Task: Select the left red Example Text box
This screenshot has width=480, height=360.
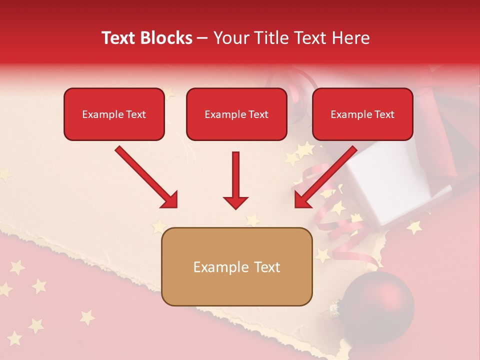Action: point(114,114)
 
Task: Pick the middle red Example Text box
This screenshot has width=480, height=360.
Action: point(236,114)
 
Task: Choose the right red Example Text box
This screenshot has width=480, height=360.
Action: point(362,114)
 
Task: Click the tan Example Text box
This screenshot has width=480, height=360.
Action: point(236,266)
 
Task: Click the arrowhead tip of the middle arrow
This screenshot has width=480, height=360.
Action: point(235,208)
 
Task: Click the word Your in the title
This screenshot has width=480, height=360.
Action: point(228,38)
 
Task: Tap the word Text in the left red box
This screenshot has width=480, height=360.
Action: point(135,114)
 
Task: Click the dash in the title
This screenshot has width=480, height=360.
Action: point(202,38)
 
